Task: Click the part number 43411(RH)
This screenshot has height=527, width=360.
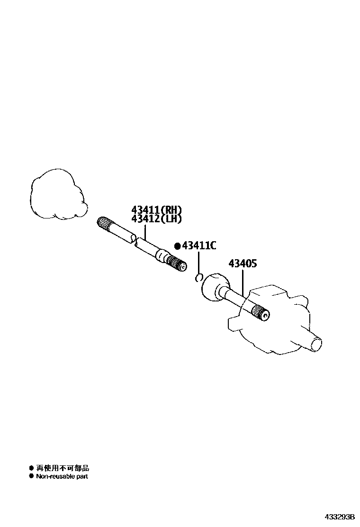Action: click(x=156, y=210)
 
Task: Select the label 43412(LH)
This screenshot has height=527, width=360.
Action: click(x=156, y=218)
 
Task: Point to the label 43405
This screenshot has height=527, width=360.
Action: click(x=243, y=263)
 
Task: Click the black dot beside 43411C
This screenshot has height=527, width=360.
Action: click(x=178, y=246)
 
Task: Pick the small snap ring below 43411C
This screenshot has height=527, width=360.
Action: click(x=199, y=277)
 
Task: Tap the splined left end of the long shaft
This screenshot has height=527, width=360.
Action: click(x=105, y=224)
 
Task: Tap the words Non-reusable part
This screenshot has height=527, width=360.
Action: click(x=62, y=476)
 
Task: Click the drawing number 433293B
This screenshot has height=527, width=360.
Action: click(x=339, y=517)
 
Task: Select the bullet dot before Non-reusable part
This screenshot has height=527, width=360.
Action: click(x=31, y=476)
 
